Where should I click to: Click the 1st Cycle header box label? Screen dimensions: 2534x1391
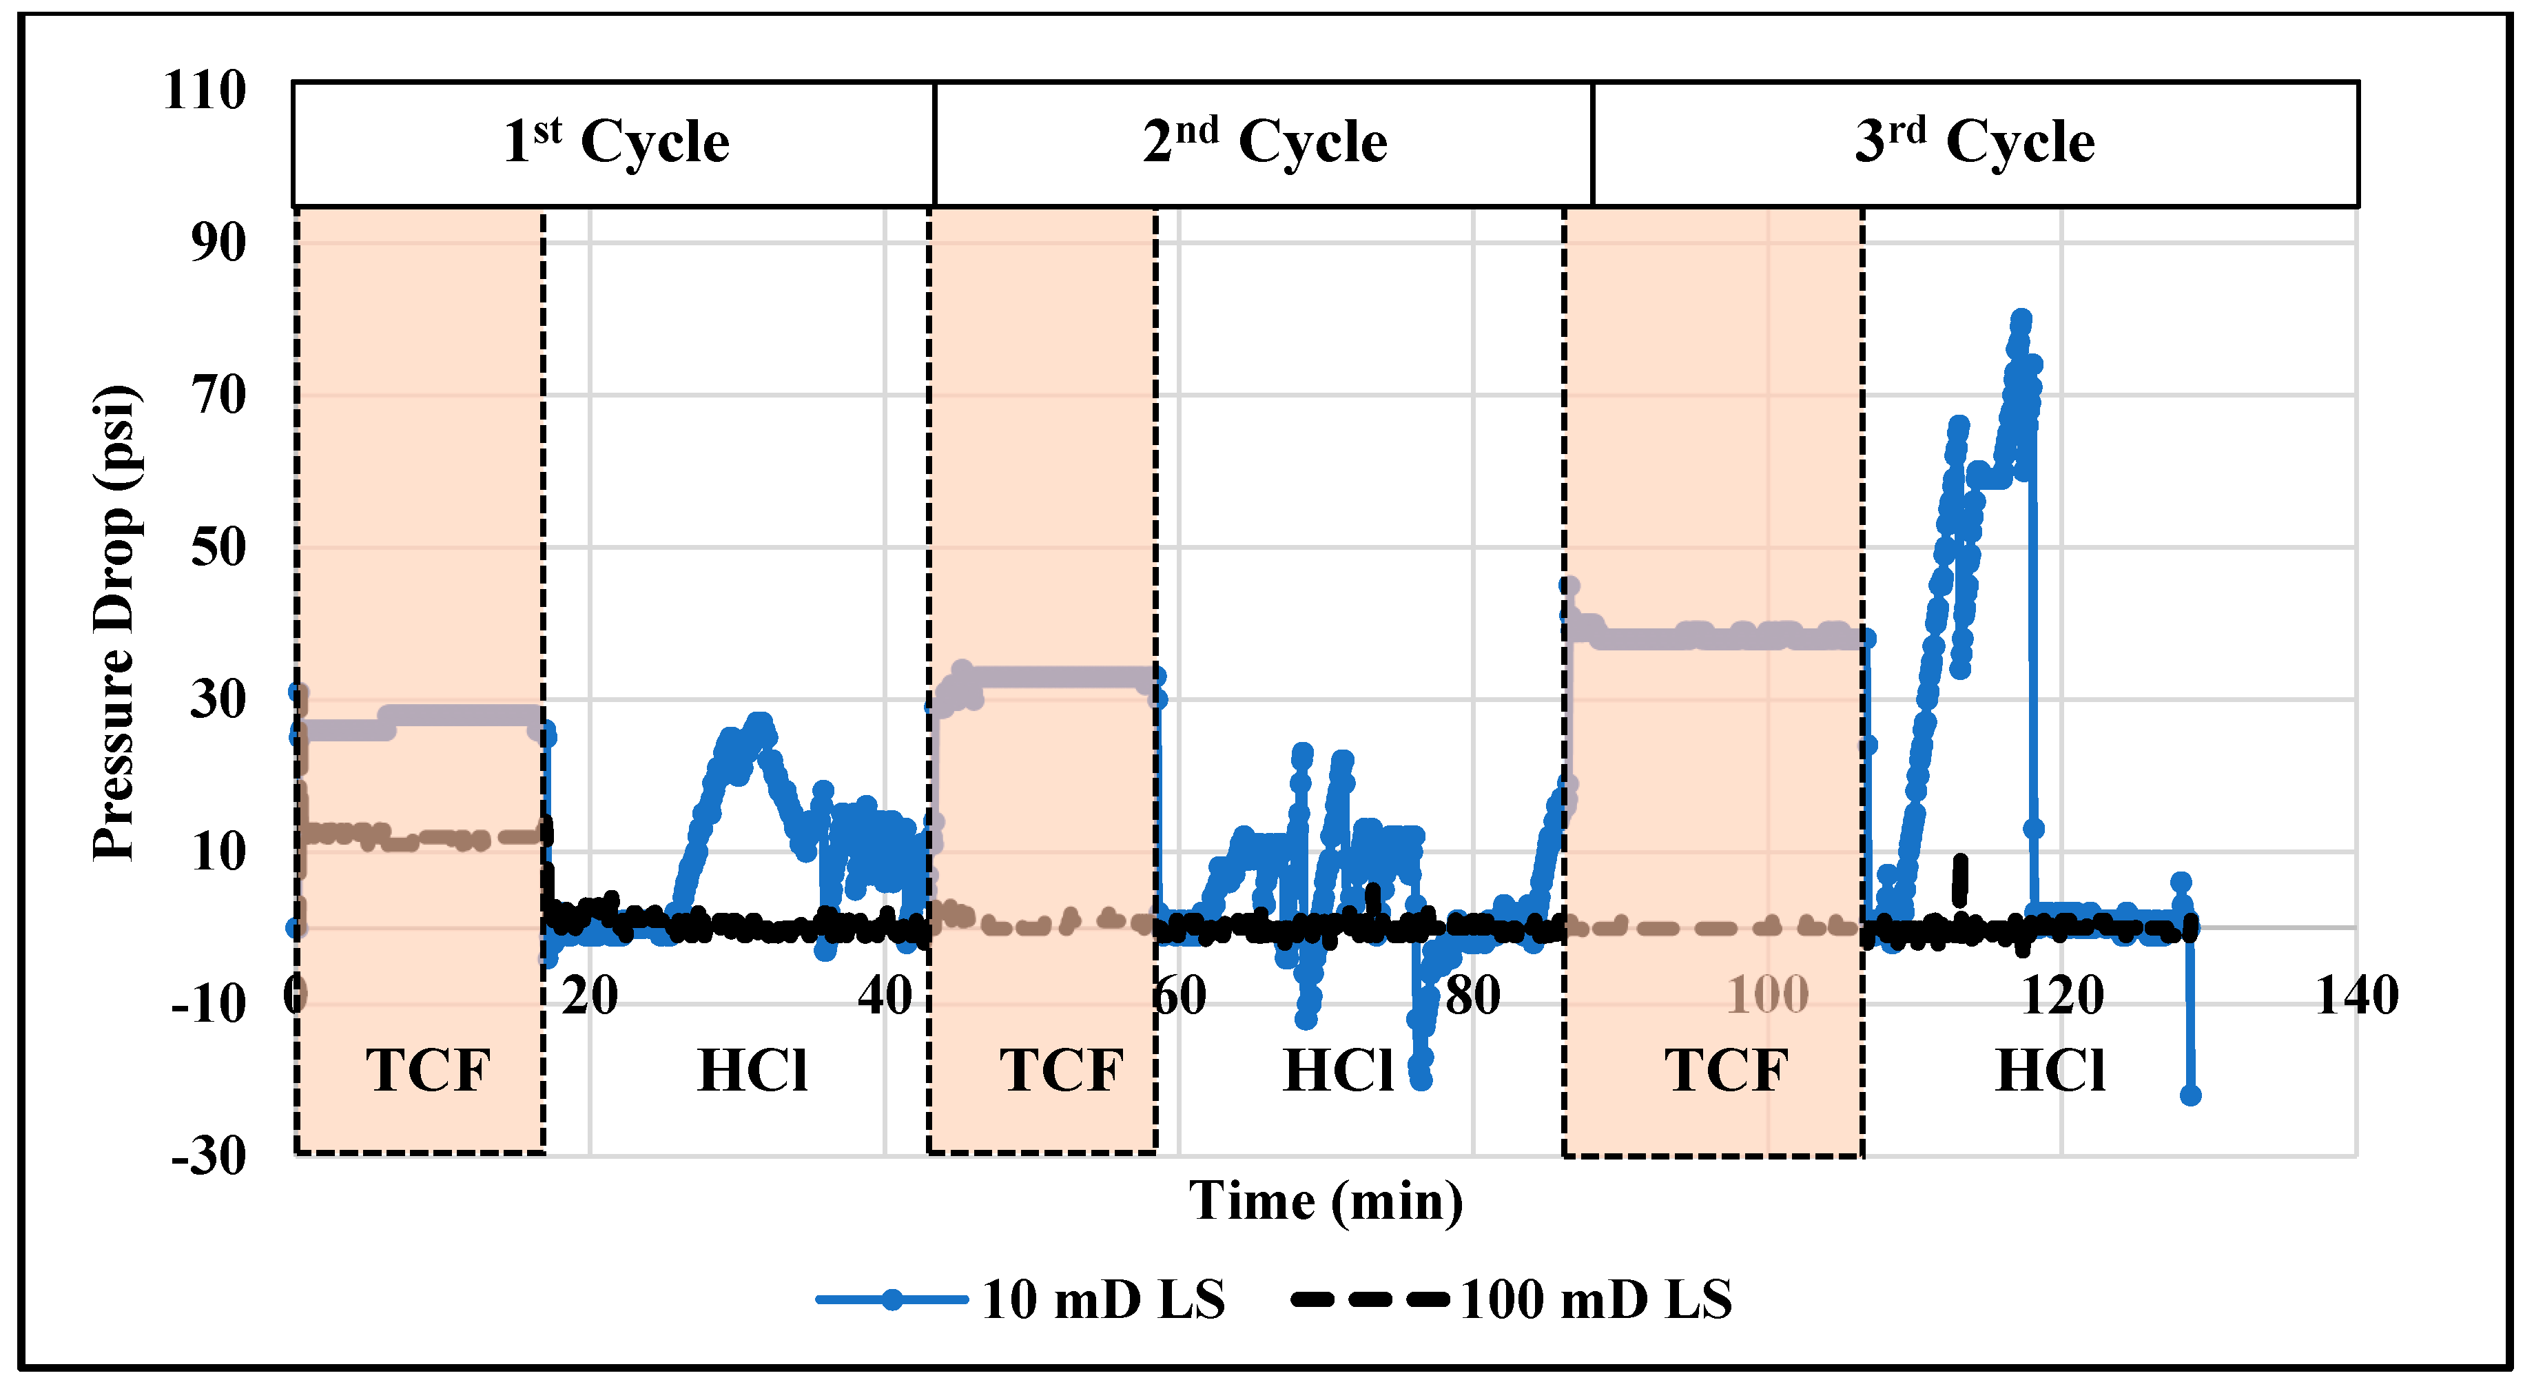coord(616,143)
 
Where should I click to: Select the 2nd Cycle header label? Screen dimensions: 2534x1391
coord(1264,143)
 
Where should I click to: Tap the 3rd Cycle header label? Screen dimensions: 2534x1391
coord(1975,143)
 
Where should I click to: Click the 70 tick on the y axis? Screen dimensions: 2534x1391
coord(218,395)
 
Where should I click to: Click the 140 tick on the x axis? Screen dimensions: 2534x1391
coord(2357,996)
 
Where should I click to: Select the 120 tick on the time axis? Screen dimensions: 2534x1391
coord(2062,996)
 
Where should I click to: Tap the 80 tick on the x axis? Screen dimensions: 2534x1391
coord(1472,996)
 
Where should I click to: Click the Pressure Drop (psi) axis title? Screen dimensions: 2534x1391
coord(114,621)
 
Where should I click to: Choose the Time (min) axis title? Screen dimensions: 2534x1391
coord(1325,1201)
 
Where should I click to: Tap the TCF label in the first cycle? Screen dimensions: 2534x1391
coord(428,1071)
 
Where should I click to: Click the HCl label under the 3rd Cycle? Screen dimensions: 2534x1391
coord(2050,1071)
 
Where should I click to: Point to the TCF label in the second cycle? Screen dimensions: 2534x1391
coord(1062,1071)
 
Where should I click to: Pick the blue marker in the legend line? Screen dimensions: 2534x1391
coord(892,1299)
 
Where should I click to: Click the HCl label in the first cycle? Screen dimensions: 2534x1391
coord(752,1071)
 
